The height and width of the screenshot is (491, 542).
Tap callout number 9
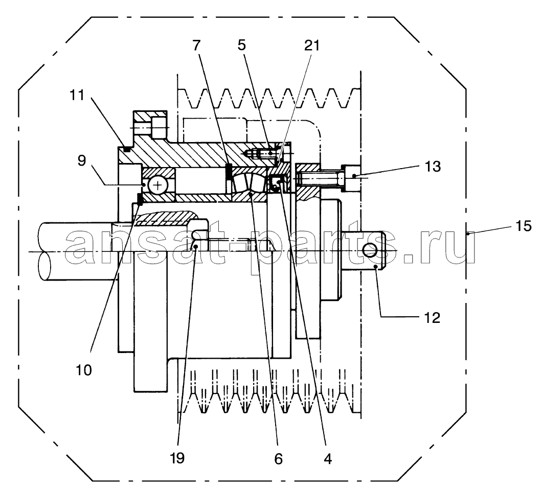click(82, 160)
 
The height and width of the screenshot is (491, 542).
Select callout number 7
click(196, 45)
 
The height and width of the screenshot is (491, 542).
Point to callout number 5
click(242, 45)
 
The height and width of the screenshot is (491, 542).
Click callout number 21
click(312, 45)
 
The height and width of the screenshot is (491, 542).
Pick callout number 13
click(433, 167)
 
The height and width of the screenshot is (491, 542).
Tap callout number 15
click(523, 226)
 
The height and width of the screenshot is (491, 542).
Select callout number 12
click(432, 317)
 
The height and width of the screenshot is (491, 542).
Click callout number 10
click(84, 370)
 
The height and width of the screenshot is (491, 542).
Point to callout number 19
click(177, 458)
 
